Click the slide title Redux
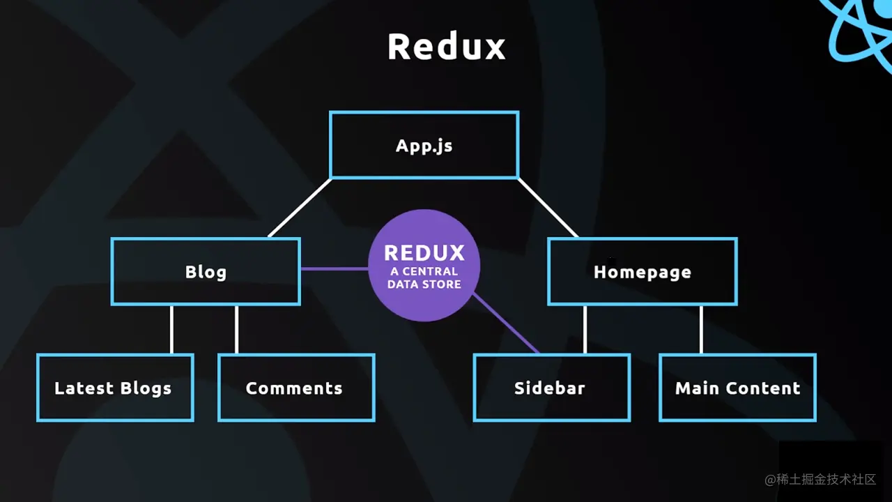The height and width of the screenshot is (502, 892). tap(446, 47)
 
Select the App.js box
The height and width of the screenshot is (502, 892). tap(424, 145)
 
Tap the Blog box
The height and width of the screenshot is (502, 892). tap(206, 271)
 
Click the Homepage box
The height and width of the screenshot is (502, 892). tap(642, 271)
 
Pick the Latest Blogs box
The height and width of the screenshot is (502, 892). tap(115, 388)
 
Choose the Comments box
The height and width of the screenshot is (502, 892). tap(296, 388)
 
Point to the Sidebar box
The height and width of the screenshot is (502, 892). tap(551, 388)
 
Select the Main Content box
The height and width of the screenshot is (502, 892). tap(737, 388)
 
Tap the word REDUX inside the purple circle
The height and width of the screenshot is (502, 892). tap(424, 252)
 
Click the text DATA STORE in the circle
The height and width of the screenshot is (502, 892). tap(424, 284)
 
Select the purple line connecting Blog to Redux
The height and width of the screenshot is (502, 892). tap(334, 268)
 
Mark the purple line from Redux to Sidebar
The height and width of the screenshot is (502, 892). tap(507, 324)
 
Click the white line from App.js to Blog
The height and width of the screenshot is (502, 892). tap(300, 208)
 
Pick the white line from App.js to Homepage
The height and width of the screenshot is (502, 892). tap(548, 208)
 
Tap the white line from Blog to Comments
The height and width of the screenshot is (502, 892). tap(236, 329)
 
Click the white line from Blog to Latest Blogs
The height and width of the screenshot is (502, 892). tap(171, 329)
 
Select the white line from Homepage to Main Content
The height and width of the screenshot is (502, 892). tap(701, 329)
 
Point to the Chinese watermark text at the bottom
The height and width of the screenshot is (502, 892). tap(820, 480)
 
